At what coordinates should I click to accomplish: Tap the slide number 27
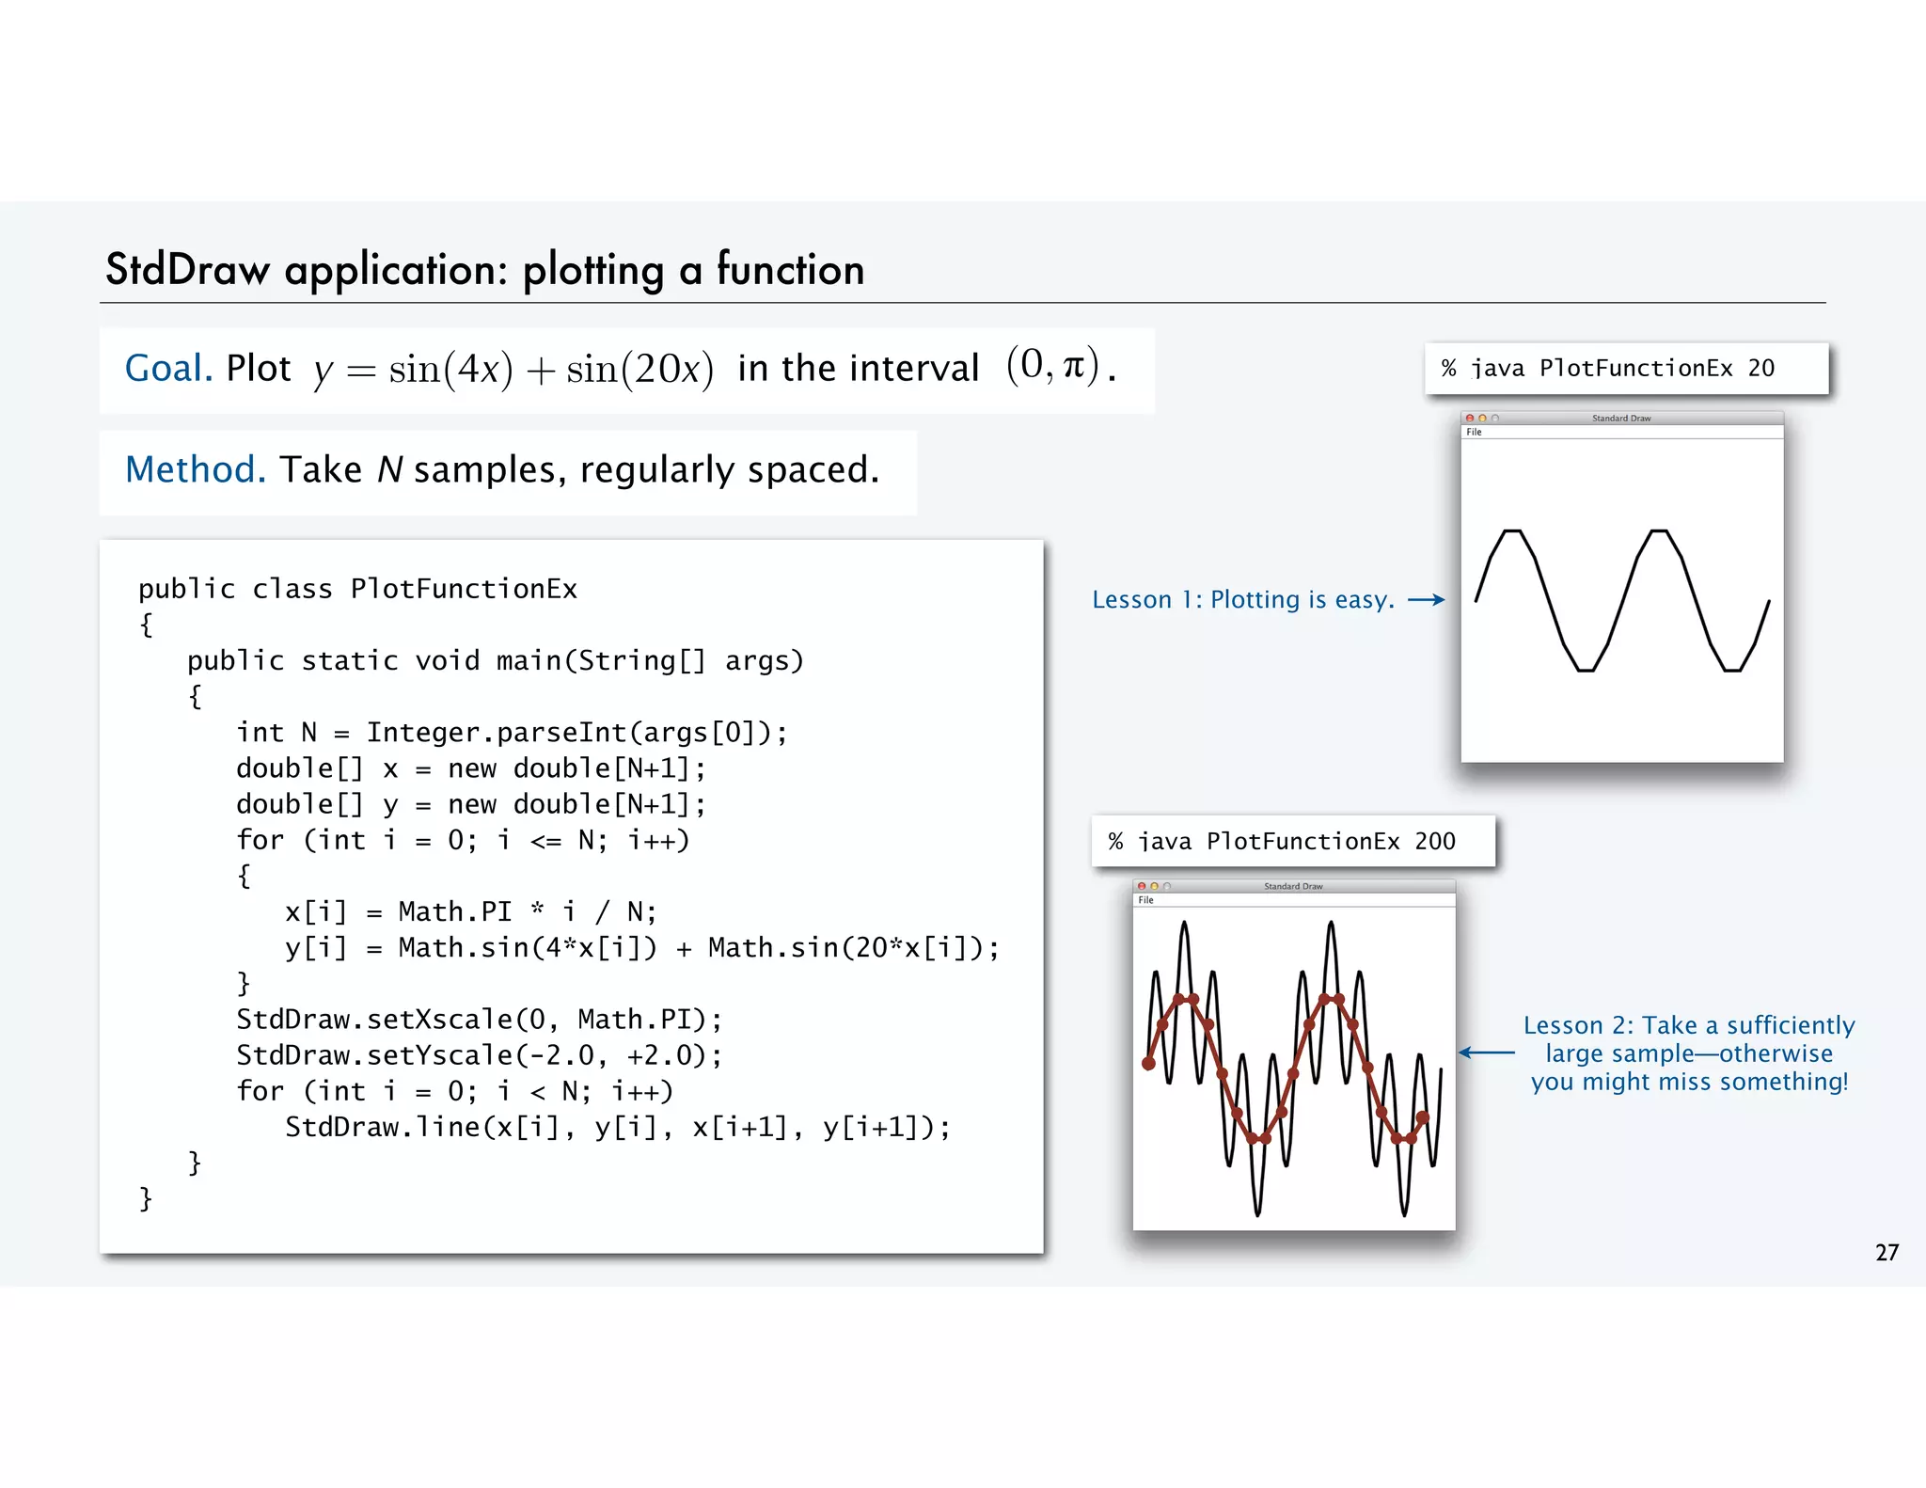[x=1887, y=1253]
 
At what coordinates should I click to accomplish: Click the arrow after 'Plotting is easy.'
[x=1426, y=600]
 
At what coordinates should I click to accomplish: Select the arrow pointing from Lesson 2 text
[x=1487, y=1053]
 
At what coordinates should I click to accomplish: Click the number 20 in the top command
[x=1760, y=369]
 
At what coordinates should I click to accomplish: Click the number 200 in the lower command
[x=1434, y=842]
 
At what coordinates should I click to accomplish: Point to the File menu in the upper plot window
[x=1474, y=433]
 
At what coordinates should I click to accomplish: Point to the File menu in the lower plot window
[x=1145, y=900]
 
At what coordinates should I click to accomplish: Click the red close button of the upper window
[x=1470, y=419]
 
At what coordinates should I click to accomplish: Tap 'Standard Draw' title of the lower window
[x=1293, y=886]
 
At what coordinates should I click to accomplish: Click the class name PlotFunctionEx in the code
[x=464, y=590]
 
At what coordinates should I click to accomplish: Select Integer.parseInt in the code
[x=496, y=733]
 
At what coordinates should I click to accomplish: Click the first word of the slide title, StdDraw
[x=187, y=270]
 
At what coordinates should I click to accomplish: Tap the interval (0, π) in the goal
[x=1051, y=366]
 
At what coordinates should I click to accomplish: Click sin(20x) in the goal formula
[x=639, y=369]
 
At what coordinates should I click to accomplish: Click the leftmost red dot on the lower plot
[x=1148, y=1064]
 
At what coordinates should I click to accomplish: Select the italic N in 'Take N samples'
[x=390, y=469]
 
